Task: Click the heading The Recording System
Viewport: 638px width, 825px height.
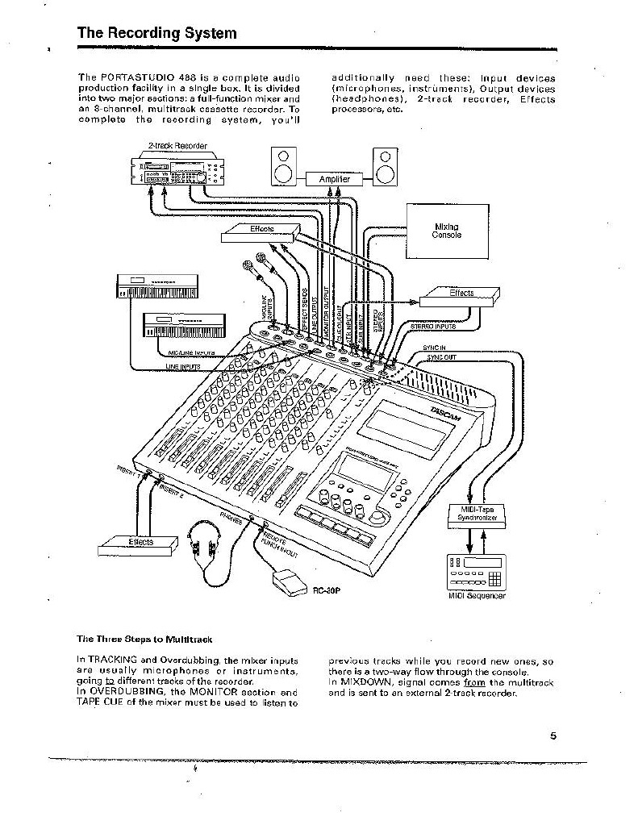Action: point(156,33)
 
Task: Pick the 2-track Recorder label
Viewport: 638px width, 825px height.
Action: point(177,146)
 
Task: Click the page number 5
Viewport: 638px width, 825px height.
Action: point(553,735)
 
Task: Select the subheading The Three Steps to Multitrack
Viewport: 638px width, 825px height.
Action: point(144,640)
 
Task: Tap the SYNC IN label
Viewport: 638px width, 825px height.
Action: point(434,348)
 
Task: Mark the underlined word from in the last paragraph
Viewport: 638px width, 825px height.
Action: point(475,683)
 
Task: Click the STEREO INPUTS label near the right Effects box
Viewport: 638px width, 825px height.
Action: point(433,327)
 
